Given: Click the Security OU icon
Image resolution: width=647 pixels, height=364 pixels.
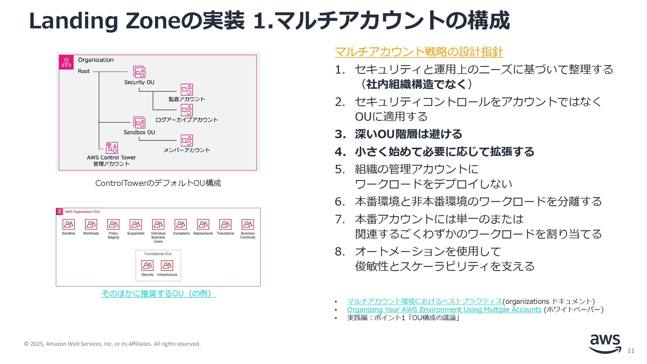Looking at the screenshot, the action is [x=139, y=72].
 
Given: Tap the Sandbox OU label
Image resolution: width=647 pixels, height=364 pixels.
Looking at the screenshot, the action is [x=139, y=132].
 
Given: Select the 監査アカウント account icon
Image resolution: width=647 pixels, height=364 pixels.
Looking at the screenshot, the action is [x=187, y=90].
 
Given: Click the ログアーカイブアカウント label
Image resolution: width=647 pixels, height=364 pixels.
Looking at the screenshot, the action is [x=187, y=120].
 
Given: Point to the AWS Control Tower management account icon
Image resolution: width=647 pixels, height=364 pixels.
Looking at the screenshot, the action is [x=112, y=148].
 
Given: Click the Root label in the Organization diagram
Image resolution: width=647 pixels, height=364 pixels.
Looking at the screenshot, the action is [x=84, y=71].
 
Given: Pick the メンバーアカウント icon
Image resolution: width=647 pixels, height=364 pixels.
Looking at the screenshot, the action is [x=187, y=141].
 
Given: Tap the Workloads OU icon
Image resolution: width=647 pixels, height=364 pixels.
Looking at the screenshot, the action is [x=91, y=224].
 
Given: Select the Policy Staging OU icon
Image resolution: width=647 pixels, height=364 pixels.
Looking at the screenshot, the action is [x=113, y=224].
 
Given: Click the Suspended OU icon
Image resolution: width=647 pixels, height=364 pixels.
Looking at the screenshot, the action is [x=136, y=224].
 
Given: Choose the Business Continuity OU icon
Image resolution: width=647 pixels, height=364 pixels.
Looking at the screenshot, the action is [x=248, y=224].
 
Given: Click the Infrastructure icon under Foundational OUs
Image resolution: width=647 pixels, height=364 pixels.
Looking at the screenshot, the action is [x=167, y=266].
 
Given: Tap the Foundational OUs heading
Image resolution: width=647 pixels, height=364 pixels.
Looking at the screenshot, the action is [x=158, y=254].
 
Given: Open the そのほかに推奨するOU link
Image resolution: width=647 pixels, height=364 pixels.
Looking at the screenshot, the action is [x=158, y=294].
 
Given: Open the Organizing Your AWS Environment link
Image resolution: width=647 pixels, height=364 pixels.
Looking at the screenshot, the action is [x=444, y=310].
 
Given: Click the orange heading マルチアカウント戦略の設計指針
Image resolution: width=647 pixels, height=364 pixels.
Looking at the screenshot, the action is [x=419, y=52].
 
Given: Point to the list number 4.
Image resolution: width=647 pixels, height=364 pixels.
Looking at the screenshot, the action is [x=340, y=152].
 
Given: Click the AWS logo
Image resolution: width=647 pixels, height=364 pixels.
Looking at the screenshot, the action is [x=605, y=343].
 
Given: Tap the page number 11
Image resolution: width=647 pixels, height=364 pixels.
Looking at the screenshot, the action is [x=631, y=351].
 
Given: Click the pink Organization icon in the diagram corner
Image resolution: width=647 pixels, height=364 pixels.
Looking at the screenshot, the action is [x=66, y=62].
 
